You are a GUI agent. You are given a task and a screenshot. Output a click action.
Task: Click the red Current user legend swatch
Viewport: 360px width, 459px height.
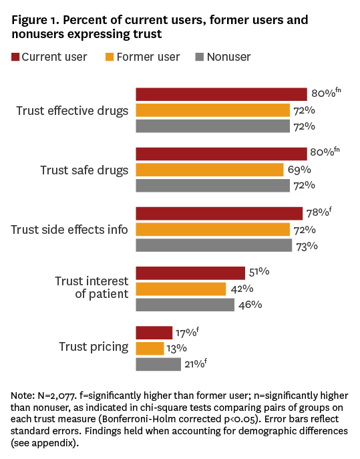(15, 57)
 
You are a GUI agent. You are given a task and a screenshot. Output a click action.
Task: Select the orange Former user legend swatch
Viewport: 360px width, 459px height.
(110, 57)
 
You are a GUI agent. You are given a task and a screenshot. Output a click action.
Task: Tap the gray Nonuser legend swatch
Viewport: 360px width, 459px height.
(199, 57)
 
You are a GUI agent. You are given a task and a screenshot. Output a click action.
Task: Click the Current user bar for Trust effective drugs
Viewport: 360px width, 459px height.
(221, 94)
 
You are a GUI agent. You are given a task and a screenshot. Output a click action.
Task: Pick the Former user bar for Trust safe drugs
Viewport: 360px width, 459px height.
(210, 170)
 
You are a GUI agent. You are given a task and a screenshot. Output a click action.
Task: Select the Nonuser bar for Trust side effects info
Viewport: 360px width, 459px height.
(214, 245)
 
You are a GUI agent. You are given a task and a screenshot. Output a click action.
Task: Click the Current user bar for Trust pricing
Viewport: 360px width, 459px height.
(154, 333)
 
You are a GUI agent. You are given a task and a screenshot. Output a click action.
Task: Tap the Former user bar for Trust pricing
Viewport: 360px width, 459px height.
(150, 348)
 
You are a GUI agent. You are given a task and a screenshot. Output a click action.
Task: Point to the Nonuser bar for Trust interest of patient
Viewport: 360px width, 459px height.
(185, 305)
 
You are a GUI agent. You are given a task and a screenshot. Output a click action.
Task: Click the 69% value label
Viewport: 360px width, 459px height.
(299, 170)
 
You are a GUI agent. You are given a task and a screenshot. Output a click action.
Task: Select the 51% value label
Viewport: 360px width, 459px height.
(259, 272)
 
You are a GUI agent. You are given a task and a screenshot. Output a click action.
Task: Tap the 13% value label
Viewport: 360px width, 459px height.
(177, 348)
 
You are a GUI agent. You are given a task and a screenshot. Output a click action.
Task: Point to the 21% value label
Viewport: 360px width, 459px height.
(196, 363)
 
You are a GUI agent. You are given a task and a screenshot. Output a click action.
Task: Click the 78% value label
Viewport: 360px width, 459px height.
(319, 212)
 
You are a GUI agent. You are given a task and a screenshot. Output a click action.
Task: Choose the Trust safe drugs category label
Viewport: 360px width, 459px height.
(84, 170)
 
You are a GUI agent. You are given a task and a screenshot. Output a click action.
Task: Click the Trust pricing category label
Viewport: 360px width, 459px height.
(94, 347)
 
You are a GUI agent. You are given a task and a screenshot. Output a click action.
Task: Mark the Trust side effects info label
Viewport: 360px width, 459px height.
(69, 230)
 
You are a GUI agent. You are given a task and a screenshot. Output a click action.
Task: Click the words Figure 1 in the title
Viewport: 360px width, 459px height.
(30, 21)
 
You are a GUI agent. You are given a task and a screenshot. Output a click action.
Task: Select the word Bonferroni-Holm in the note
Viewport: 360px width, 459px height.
(138, 419)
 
